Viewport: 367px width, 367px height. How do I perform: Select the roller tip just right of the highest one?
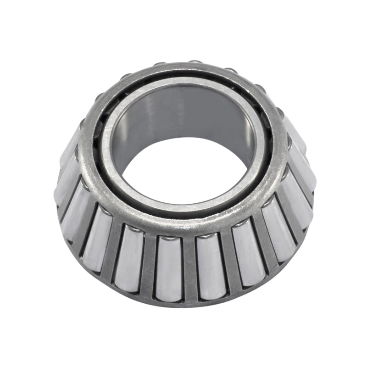229,70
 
